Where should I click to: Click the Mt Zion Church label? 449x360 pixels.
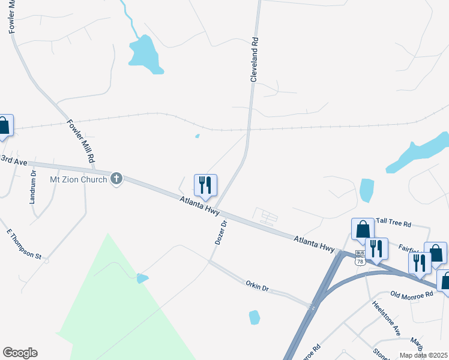78,179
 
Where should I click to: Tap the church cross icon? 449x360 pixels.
116,179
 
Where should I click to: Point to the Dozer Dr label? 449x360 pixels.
220,232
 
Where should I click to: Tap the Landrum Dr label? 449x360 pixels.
33,187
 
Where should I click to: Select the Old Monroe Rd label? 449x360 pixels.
411,295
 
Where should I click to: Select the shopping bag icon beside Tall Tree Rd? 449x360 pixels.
363,229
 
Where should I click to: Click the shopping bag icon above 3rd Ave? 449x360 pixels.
4,126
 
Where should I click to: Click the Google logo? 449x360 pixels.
20,353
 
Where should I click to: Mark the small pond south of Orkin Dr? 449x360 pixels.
255,317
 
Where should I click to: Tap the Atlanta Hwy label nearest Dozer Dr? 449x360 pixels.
200,206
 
